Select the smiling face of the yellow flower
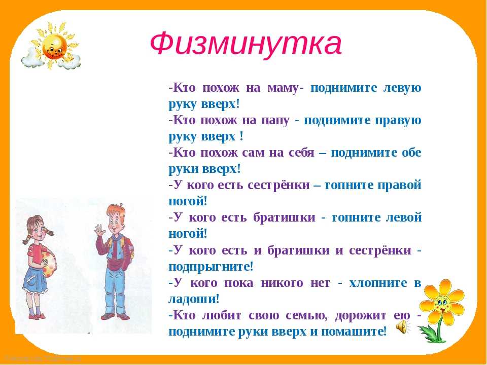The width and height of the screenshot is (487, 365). coord(441,303)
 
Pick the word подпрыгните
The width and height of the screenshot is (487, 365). coord(211,267)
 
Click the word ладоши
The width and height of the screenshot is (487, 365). coord(194,299)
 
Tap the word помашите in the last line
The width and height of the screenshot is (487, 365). coord(354,332)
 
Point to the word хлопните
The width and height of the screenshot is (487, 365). coord(377,283)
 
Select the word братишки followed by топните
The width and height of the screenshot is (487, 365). coord(284,217)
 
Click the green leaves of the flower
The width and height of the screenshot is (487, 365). coord(430,332)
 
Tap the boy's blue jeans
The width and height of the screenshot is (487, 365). coord(115,288)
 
